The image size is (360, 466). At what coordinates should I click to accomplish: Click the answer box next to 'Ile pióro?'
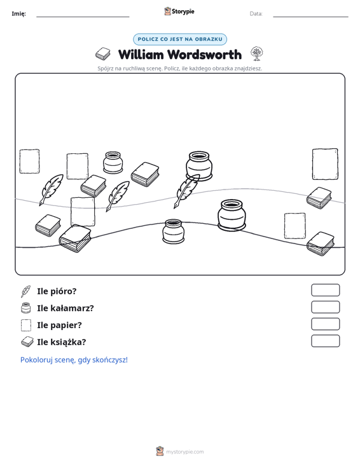(x=325, y=290)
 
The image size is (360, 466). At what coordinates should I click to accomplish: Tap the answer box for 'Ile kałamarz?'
(x=325, y=307)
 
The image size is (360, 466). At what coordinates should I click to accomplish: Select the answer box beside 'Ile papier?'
(x=325, y=324)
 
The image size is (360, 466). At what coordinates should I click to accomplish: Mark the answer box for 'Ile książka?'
(x=325, y=341)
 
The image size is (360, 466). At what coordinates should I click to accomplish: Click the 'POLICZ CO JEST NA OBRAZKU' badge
(x=180, y=39)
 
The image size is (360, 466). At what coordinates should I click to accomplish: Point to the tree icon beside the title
(x=256, y=53)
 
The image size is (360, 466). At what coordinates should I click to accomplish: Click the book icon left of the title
(x=103, y=54)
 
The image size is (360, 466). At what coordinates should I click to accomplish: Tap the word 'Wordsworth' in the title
(x=204, y=55)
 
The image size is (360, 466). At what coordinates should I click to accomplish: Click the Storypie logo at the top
(x=179, y=11)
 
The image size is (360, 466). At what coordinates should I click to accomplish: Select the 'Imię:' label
(x=18, y=14)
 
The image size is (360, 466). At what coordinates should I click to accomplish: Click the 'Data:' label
(x=256, y=14)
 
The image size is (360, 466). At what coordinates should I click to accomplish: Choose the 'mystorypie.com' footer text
(x=184, y=452)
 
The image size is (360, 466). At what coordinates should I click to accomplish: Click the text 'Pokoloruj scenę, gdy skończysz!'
(x=74, y=360)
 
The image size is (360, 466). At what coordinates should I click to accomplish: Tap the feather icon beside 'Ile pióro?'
(x=26, y=291)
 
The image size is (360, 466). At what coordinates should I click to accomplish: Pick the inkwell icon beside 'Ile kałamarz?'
(x=26, y=308)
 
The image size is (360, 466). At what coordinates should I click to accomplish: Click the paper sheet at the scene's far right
(x=325, y=164)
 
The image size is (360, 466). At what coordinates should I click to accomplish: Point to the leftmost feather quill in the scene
(x=51, y=189)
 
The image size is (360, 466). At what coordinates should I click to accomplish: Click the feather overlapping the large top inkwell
(x=187, y=191)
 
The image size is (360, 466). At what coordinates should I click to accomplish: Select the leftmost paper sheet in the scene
(x=29, y=161)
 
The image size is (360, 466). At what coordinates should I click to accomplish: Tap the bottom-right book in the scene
(x=321, y=243)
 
